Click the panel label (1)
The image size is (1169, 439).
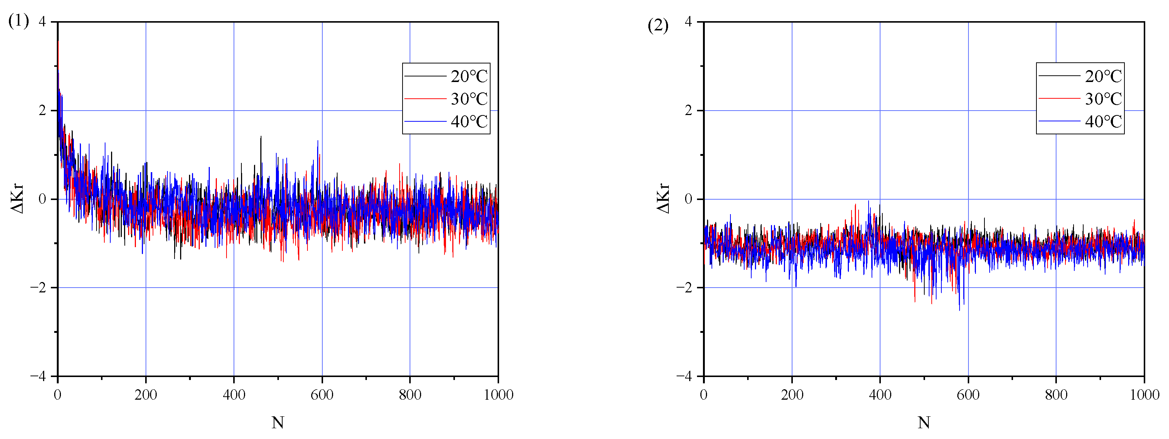coord(19,21)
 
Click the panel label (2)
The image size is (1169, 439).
coord(658,26)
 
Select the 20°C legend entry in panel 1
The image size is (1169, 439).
coord(469,76)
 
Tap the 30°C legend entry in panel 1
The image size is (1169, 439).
coord(469,99)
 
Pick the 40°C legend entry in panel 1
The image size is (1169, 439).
coord(469,122)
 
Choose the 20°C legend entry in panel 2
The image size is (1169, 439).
coord(1103,76)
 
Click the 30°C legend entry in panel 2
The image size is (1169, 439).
coord(1103,99)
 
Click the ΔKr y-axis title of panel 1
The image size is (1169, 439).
coord(17,199)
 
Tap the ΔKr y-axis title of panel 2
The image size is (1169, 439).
coord(664,199)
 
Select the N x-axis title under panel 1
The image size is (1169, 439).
coord(278,423)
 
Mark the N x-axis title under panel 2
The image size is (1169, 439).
coord(924,423)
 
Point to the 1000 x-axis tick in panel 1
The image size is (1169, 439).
coord(498,395)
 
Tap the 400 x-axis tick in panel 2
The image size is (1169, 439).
coord(880,395)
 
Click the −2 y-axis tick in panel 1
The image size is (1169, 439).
coord(39,288)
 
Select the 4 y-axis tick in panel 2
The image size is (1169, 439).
coord(688,22)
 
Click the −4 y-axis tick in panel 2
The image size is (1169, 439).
coord(684,376)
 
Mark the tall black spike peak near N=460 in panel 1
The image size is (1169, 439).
coord(260,137)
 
